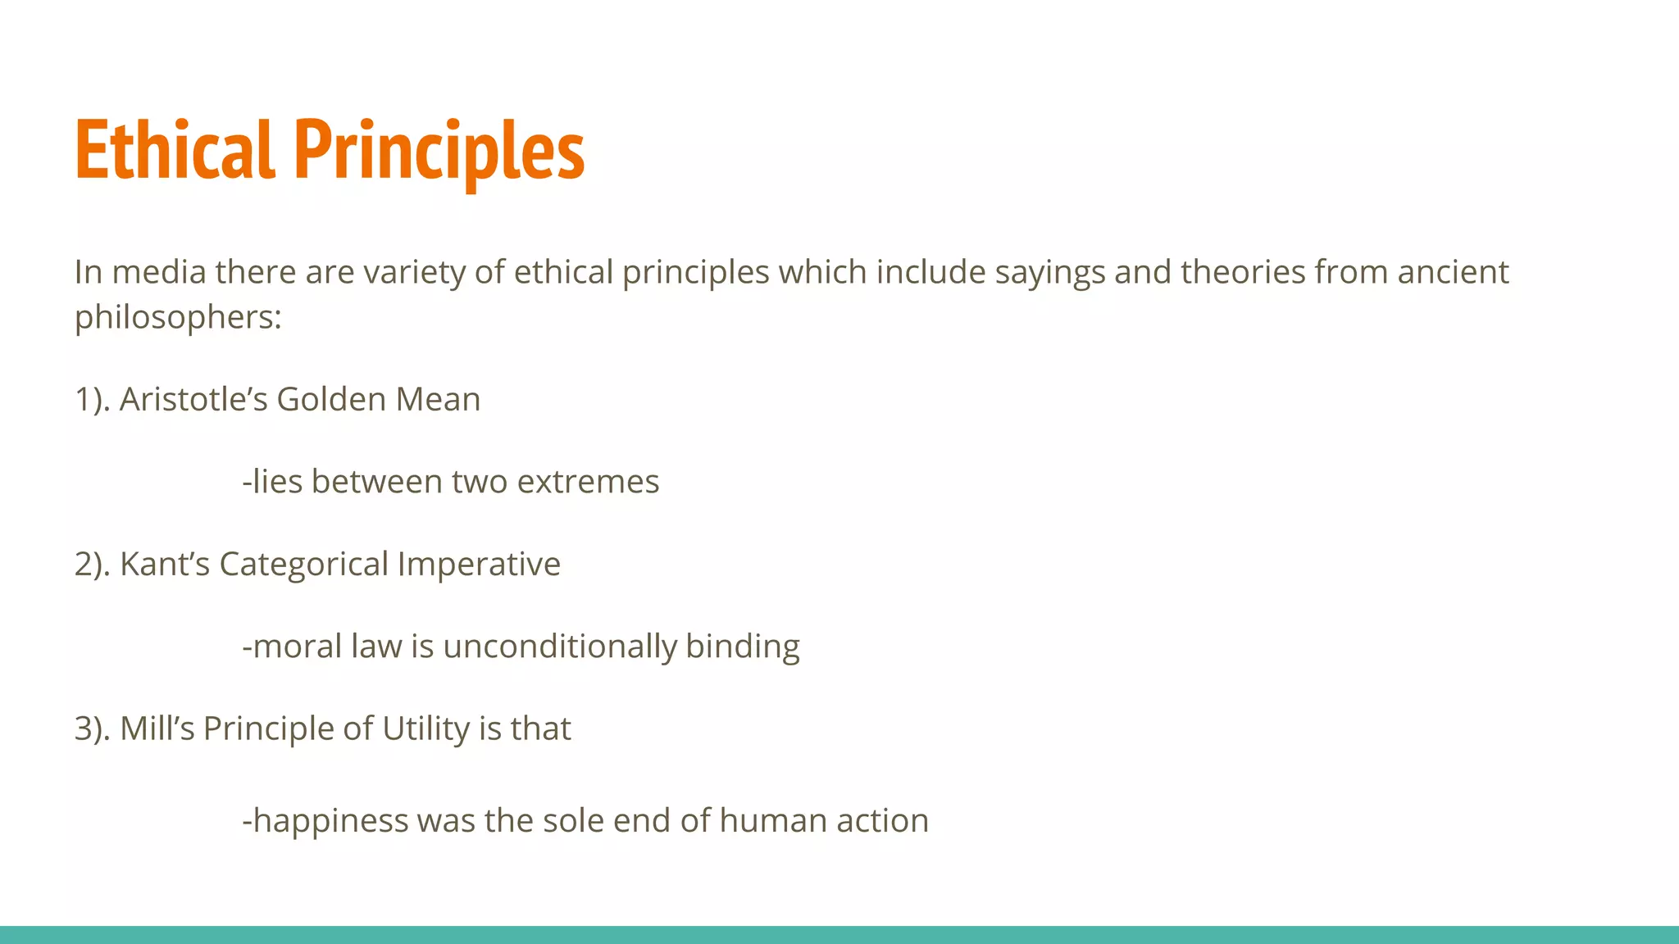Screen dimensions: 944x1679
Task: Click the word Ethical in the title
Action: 174,150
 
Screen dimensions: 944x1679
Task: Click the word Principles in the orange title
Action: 439,150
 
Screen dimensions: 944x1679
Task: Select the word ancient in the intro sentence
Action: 1453,272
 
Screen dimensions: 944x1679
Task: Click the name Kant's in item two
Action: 165,565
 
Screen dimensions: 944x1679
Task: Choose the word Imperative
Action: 479,565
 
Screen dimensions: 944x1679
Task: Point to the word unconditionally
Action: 560,647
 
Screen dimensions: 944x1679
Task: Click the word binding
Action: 743,647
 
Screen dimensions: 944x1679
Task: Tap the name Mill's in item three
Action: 157,728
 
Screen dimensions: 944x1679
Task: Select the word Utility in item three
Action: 425,728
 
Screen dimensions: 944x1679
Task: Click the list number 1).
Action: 92,400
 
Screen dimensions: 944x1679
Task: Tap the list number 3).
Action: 92,728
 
